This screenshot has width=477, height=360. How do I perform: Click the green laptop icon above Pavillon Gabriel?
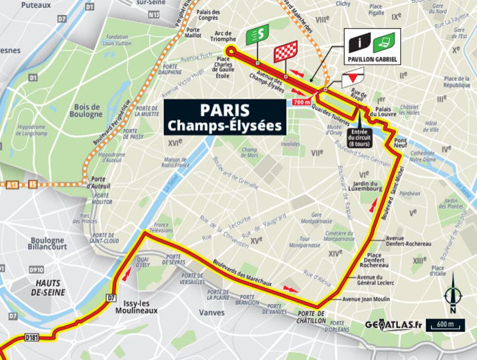[x=384, y=42]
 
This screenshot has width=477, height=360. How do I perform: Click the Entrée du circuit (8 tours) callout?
[x=358, y=137]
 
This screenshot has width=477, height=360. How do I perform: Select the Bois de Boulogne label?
[x=88, y=111]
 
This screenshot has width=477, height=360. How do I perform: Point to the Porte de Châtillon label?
[x=311, y=317]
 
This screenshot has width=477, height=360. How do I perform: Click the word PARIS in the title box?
[x=224, y=110]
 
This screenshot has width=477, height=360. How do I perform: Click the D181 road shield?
[x=32, y=337]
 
